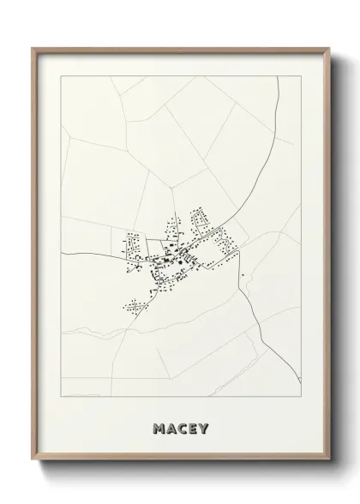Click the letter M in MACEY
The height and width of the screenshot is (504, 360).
[157, 427]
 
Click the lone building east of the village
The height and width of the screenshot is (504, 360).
[243, 275]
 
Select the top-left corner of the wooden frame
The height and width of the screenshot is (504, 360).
[33, 48]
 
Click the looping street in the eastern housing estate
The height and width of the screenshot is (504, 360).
[227, 246]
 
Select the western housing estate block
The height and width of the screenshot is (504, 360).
[134, 249]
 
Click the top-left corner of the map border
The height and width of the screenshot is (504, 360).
[63, 76]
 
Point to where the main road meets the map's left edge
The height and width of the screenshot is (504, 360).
[63, 255]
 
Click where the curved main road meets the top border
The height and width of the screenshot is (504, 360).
[279, 76]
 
